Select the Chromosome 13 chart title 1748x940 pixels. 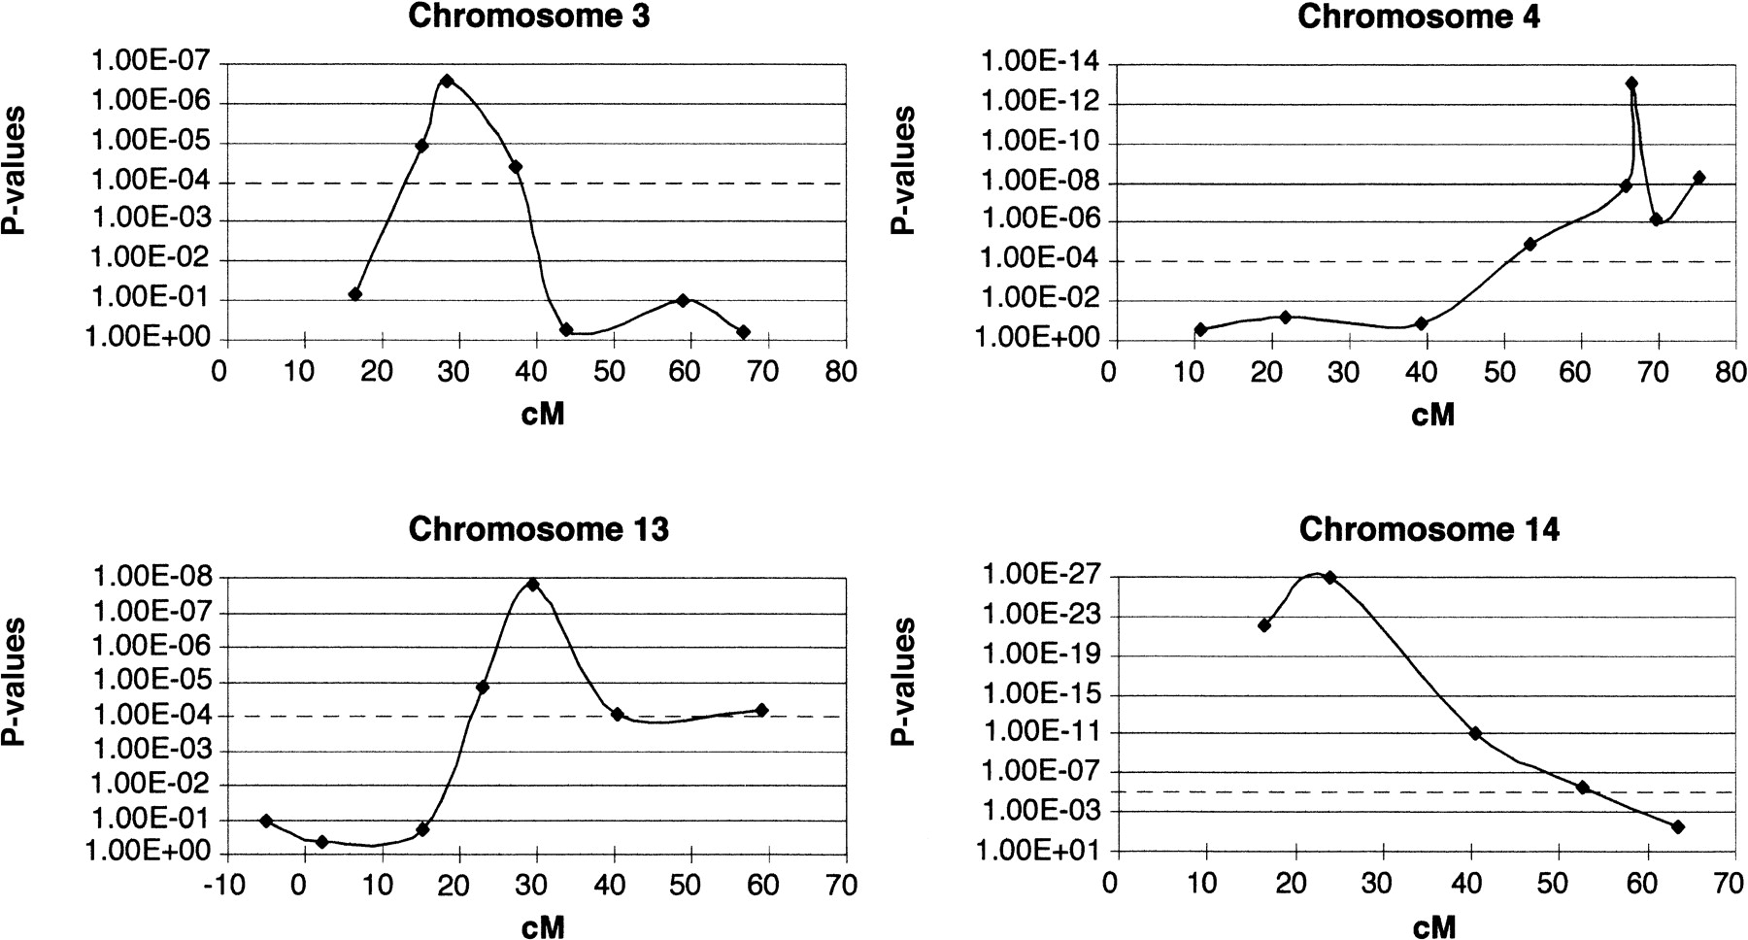coord(538,529)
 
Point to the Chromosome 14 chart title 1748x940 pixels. coord(1429,529)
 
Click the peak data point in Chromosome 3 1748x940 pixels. coord(447,81)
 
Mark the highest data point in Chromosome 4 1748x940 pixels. coord(1631,84)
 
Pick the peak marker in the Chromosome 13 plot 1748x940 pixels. coord(532,585)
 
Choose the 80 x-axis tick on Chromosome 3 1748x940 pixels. coord(842,372)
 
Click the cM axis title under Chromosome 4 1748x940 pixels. coord(1432,415)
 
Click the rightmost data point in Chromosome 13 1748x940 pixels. coord(761,710)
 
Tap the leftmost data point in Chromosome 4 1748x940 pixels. coord(1200,329)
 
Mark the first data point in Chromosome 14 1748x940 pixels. coord(1264,625)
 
